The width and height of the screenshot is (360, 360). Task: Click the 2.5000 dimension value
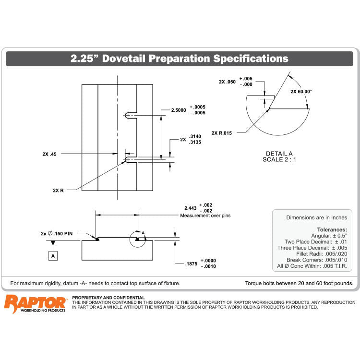tap(179, 110)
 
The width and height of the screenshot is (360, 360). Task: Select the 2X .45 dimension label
tap(49, 154)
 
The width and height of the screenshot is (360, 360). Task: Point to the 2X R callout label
tap(58, 190)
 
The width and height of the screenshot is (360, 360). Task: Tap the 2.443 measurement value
tap(191, 208)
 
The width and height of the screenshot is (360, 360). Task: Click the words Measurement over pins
tap(205, 216)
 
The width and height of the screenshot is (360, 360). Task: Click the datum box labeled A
tap(53, 256)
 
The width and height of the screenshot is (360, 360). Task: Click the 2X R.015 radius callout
tap(222, 133)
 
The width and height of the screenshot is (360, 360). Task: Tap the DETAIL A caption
tap(279, 153)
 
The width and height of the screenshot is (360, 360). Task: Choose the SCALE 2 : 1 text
tap(279, 159)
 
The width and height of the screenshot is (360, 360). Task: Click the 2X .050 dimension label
tap(227, 82)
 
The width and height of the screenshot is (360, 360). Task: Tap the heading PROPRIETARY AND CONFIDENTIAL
tap(108, 298)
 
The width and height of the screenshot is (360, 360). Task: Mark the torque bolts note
tap(299, 283)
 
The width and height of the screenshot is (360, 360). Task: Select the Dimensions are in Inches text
tap(316, 217)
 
